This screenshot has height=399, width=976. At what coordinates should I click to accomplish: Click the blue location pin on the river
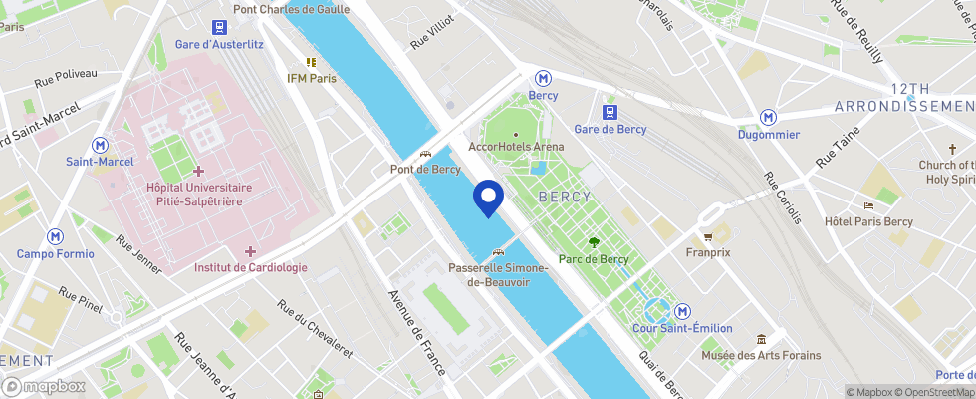coord(488,197)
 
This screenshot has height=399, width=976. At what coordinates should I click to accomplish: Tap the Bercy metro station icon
coord(543,78)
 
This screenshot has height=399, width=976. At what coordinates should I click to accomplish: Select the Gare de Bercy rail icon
coord(610,112)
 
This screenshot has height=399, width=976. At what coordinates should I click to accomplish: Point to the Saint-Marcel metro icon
coord(100,145)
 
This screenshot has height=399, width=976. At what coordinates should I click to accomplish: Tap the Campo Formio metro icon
coord(55,237)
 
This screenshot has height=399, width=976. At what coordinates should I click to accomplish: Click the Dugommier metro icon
coord(768,118)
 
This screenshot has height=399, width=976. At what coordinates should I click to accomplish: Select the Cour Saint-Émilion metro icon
coord(683,312)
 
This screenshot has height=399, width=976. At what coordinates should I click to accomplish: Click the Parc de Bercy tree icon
coord(594,242)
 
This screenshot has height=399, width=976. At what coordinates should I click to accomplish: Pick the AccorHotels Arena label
coord(516,146)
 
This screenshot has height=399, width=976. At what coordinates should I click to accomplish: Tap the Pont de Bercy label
coord(424,170)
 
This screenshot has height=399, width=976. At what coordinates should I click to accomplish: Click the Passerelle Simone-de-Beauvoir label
coord(498,275)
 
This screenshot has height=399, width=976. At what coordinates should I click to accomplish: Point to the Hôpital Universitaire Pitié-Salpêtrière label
coord(199,194)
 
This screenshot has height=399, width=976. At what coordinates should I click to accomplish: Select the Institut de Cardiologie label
coord(250,267)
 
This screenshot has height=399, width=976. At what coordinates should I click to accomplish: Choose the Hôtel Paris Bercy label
coord(868,221)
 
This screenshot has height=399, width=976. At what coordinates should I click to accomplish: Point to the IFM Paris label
coord(311,78)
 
